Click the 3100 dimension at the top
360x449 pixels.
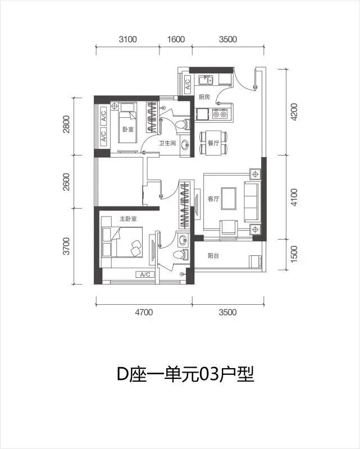click(x=127, y=39)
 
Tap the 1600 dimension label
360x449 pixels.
click(x=176, y=39)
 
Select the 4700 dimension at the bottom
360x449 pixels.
click(x=144, y=312)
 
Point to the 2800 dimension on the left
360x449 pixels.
click(x=66, y=124)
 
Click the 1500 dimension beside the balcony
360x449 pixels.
click(x=294, y=254)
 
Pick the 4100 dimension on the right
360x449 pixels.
click(x=294, y=198)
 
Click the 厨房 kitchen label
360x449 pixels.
click(x=204, y=97)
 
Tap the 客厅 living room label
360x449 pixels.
click(x=213, y=199)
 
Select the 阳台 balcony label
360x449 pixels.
click(x=213, y=256)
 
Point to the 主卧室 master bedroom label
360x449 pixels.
click(x=128, y=219)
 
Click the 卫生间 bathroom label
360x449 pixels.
click(x=167, y=143)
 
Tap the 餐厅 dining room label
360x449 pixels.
click(x=213, y=143)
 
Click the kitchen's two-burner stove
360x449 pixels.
click(x=220, y=114)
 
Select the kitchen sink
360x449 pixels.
click(x=206, y=80)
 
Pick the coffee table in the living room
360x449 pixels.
click(x=229, y=199)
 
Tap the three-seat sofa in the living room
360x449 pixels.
click(x=252, y=201)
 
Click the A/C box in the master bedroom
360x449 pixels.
click(x=145, y=274)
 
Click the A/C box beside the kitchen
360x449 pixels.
click(x=187, y=83)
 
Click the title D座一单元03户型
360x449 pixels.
click(x=185, y=374)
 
